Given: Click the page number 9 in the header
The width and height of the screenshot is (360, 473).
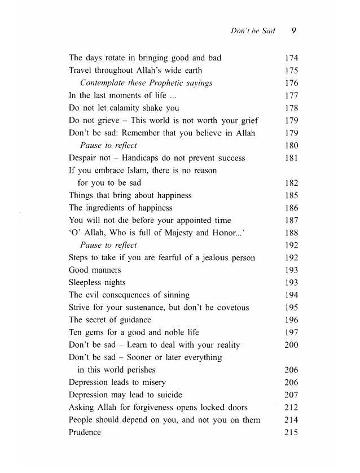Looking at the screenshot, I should [x=294, y=30].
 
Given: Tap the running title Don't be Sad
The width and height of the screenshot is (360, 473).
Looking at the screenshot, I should [x=253, y=30].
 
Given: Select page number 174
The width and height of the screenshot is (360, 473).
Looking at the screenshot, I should [x=291, y=58].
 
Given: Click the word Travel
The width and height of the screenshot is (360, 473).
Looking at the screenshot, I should [x=81, y=71].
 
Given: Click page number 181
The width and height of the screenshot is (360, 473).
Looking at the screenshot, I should [x=291, y=158].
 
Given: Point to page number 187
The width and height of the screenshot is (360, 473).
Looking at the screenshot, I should [x=291, y=220].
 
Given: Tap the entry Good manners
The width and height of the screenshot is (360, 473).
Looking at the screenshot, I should [x=95, y=270].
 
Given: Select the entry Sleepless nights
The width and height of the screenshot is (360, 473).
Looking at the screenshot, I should [x=97, y=283].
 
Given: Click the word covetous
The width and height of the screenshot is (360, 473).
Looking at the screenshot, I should [x=232, y=308].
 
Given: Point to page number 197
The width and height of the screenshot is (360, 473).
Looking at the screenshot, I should [x=291, y=332].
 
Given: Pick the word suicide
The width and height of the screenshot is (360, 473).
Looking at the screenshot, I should [x=167, y=395].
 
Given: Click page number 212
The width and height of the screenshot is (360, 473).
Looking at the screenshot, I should [x=291, y=408].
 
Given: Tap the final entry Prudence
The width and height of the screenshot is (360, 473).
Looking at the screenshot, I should [x=85, y=432].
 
